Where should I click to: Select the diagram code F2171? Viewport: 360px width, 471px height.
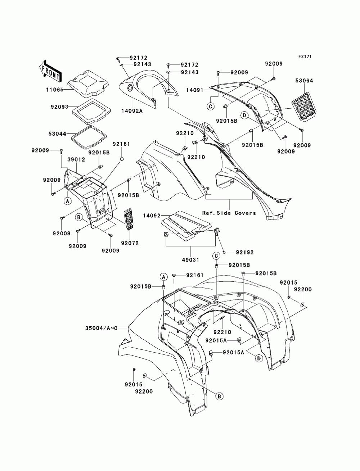point(305,56)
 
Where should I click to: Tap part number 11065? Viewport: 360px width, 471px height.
point(55,90)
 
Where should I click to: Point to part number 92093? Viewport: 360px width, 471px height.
point(59,107)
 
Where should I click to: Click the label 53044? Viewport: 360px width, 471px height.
point(57,134)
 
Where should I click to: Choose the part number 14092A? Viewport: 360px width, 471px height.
point(132,111)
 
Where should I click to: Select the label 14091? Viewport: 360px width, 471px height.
point(194,90)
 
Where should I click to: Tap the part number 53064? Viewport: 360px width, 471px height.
point(304,81)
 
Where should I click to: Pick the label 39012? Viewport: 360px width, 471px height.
point(76,160)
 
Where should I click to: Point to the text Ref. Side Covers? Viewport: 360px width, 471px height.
point(229,213)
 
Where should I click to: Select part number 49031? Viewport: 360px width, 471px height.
point(190,260)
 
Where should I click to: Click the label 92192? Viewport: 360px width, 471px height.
point(245,252)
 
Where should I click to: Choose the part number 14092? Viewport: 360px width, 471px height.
point(152,215)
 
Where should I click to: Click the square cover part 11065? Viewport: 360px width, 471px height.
point(87,83)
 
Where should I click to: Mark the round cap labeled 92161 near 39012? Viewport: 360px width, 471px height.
point(122,159)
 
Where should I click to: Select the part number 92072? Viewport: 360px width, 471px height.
point(130,243)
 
